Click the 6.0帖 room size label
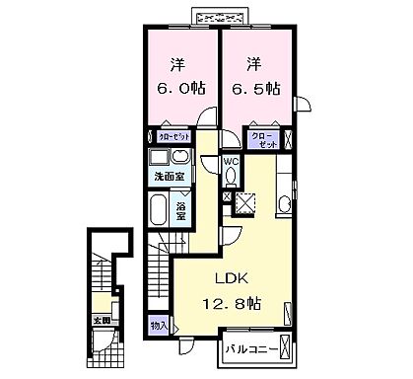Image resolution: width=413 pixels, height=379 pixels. [x=180, y=86]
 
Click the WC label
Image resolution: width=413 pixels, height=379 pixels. [x=231, y=161]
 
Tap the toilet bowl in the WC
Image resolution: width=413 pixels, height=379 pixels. [x=231, y=177]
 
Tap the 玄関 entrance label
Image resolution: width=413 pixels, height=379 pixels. [x=101, y=320]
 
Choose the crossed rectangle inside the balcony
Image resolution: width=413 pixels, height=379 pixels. [x=285, y=348]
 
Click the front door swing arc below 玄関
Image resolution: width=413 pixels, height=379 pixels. [x=100, y=345]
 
